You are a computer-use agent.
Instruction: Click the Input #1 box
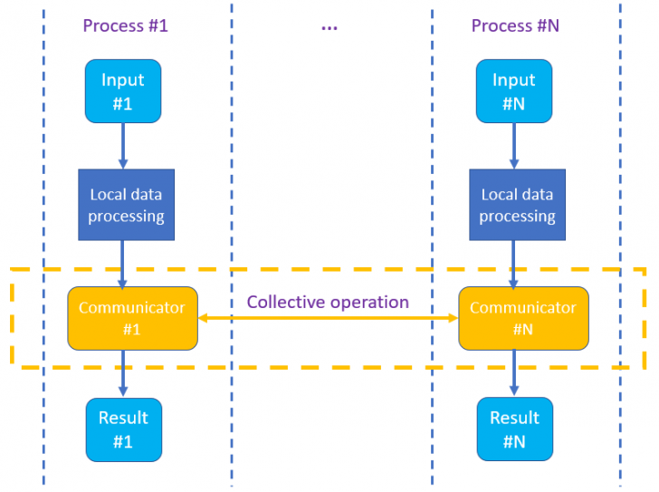coord(123,92)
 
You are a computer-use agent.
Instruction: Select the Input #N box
coord(514,92)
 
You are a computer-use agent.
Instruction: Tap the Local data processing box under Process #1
coord(126,205)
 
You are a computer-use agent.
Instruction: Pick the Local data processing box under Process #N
coord(517,205)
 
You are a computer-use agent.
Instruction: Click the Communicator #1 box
coord(132,318)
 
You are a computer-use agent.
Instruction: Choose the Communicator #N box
coord(523,318)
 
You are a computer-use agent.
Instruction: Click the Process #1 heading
coord(125,25)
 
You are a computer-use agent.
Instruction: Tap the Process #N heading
coord(515,25)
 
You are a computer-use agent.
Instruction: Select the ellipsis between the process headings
coord(329,27)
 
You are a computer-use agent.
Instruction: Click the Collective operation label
coord(328,302)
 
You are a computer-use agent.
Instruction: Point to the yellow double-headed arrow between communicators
coord(328,318)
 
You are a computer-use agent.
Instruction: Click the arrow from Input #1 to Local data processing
coord(123,146)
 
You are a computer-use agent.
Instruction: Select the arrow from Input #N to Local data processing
coord(514,146)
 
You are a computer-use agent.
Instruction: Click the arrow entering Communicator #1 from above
coord(123,264)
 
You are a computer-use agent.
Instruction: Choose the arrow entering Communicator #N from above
coord(514,264)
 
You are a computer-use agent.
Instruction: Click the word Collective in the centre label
coord(281,302)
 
